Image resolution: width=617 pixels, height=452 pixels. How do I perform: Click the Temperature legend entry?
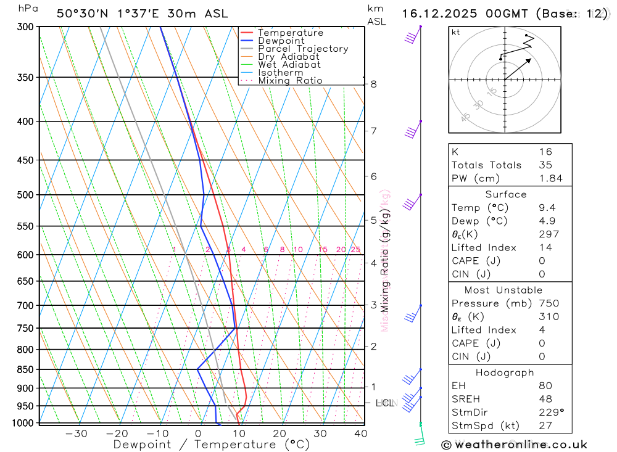(290, 33)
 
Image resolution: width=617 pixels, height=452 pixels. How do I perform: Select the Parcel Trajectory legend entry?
(302, 49)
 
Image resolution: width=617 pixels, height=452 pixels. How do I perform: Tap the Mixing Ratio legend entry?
(289, 81)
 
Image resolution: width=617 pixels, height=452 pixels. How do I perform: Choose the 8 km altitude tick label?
(374, 84)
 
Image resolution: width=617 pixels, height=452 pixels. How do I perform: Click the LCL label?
(384, 403)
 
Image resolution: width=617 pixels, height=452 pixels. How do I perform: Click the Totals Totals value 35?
(545, 165)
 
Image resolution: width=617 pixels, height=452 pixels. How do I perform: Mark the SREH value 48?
(545, 399)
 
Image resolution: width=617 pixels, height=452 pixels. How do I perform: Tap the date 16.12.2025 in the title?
(438, 14)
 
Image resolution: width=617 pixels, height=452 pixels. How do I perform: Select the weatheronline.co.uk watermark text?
(514, 444)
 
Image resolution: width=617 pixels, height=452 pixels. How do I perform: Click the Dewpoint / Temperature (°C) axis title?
(212, 444)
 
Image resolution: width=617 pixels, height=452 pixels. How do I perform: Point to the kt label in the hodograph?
(456, 32)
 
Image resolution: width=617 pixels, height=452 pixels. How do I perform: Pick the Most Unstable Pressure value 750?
(549, 303)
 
